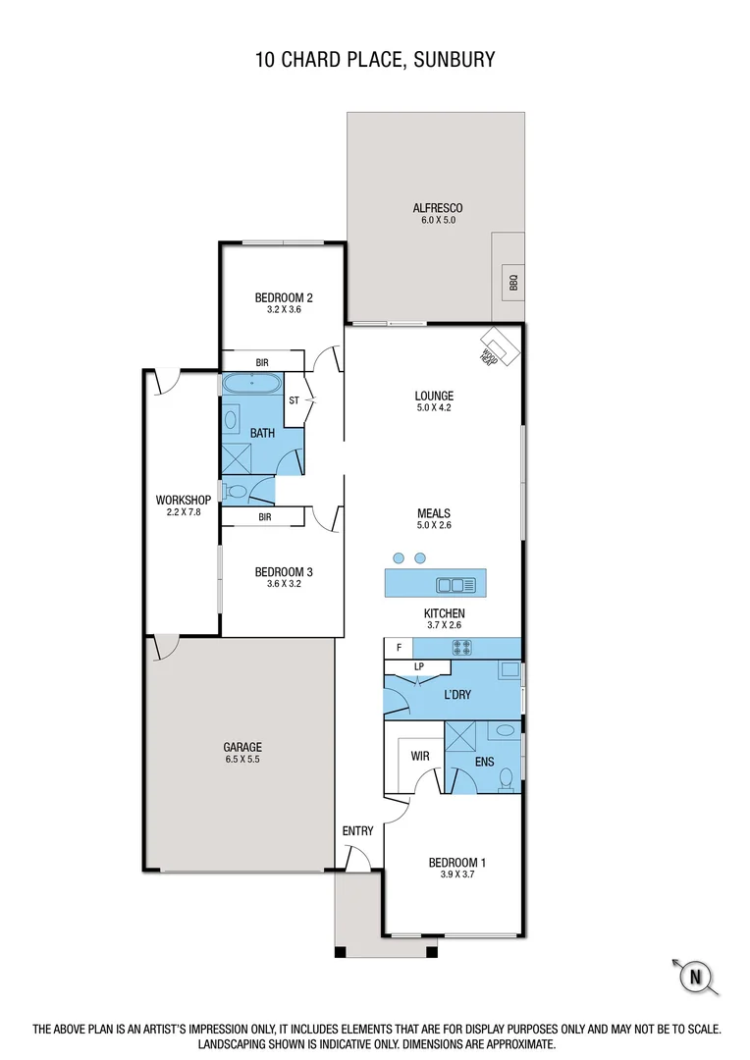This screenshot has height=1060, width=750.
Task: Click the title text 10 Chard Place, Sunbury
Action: tap(374, 60)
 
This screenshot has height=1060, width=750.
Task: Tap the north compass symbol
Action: tap(696, 976)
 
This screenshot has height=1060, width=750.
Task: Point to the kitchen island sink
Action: tap(456, 586)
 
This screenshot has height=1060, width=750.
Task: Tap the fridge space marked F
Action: tap(398, 648)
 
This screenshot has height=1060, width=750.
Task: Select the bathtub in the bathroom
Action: tap(252, 385)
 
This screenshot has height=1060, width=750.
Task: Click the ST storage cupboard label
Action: tap(294, 400)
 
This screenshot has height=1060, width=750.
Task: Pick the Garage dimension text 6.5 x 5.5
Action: tap(241, 760)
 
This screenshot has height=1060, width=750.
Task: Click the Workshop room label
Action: tap(184, 500)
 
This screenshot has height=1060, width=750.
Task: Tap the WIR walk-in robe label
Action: tap(420, 756)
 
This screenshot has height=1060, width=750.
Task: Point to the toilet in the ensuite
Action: tap(507, 778)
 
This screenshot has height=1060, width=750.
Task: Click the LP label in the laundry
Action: tap(419, 667)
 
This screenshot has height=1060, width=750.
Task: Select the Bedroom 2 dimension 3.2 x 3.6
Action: tap(284, 309)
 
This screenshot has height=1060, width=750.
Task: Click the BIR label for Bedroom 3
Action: tap(264, 517)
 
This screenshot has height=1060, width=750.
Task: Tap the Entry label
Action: tap(357, 831)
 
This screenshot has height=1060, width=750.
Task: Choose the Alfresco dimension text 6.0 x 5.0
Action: tap(437, 221)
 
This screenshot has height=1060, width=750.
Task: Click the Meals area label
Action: tap(433, 512)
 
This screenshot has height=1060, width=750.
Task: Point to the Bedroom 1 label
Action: tap(457, 863)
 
